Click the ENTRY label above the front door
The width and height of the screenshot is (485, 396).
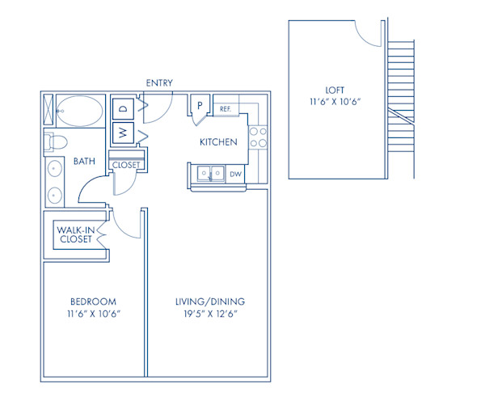point(158,83)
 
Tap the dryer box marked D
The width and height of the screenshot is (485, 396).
point(124,107)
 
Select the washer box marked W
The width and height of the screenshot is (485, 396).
point(124,132)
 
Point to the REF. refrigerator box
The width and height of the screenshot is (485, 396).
point(226,107)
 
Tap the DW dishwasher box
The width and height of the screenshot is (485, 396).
point(235,173)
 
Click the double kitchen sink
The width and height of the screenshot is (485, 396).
point(209,173)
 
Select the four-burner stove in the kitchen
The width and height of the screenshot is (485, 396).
point(258,137)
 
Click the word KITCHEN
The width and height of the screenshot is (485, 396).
point(218,142)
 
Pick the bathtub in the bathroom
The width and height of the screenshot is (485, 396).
point(80,109)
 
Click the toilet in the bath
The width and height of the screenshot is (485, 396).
point(55,143)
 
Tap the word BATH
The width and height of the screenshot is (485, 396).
point(84,162)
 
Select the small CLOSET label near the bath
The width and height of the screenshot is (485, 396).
point(126,165)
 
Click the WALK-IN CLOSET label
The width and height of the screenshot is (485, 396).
point(74,235)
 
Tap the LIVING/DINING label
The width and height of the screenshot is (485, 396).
point(209,301)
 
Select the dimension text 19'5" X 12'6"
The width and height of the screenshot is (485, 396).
point(209,314)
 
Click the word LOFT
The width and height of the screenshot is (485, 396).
point(335,91)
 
